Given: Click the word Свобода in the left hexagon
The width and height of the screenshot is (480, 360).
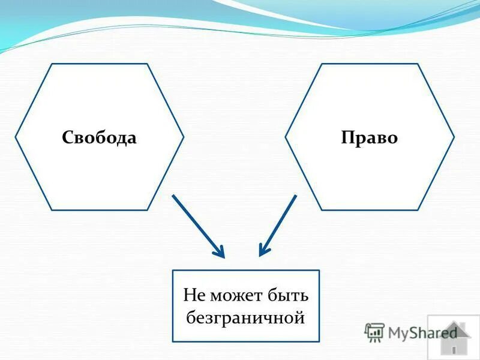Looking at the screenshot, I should click(x=99, y=138).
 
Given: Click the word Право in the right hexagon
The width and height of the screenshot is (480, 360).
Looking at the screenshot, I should click(x=369, y=138).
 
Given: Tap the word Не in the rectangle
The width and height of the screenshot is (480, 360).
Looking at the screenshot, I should click(x=194, y=296).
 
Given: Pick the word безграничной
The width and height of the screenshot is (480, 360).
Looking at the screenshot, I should click(x=246, y=317).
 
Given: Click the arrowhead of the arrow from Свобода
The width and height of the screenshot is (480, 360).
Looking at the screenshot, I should click(x=221, y=254).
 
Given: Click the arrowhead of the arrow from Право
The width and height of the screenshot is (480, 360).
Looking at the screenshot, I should click(x=262, y=253).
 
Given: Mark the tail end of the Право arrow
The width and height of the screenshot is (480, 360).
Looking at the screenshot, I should click(x=296, y=196).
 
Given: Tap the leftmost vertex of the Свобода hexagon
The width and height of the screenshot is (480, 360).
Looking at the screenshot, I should click(x=16, y=137).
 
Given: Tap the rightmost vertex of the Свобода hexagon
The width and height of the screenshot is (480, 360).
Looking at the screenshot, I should click(x=184, y=137).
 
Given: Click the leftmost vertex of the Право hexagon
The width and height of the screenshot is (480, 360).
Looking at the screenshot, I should click(x=286, y=137).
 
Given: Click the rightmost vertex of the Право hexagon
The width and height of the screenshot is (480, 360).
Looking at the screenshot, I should click(x=454, y=137).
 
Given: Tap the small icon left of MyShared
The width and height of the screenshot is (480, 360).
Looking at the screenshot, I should click(x=374, y=332).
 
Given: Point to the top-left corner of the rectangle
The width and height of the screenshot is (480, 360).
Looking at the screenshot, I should click(x=173, y=271).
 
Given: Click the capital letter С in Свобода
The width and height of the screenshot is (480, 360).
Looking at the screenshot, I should click(x=67, y=138).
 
